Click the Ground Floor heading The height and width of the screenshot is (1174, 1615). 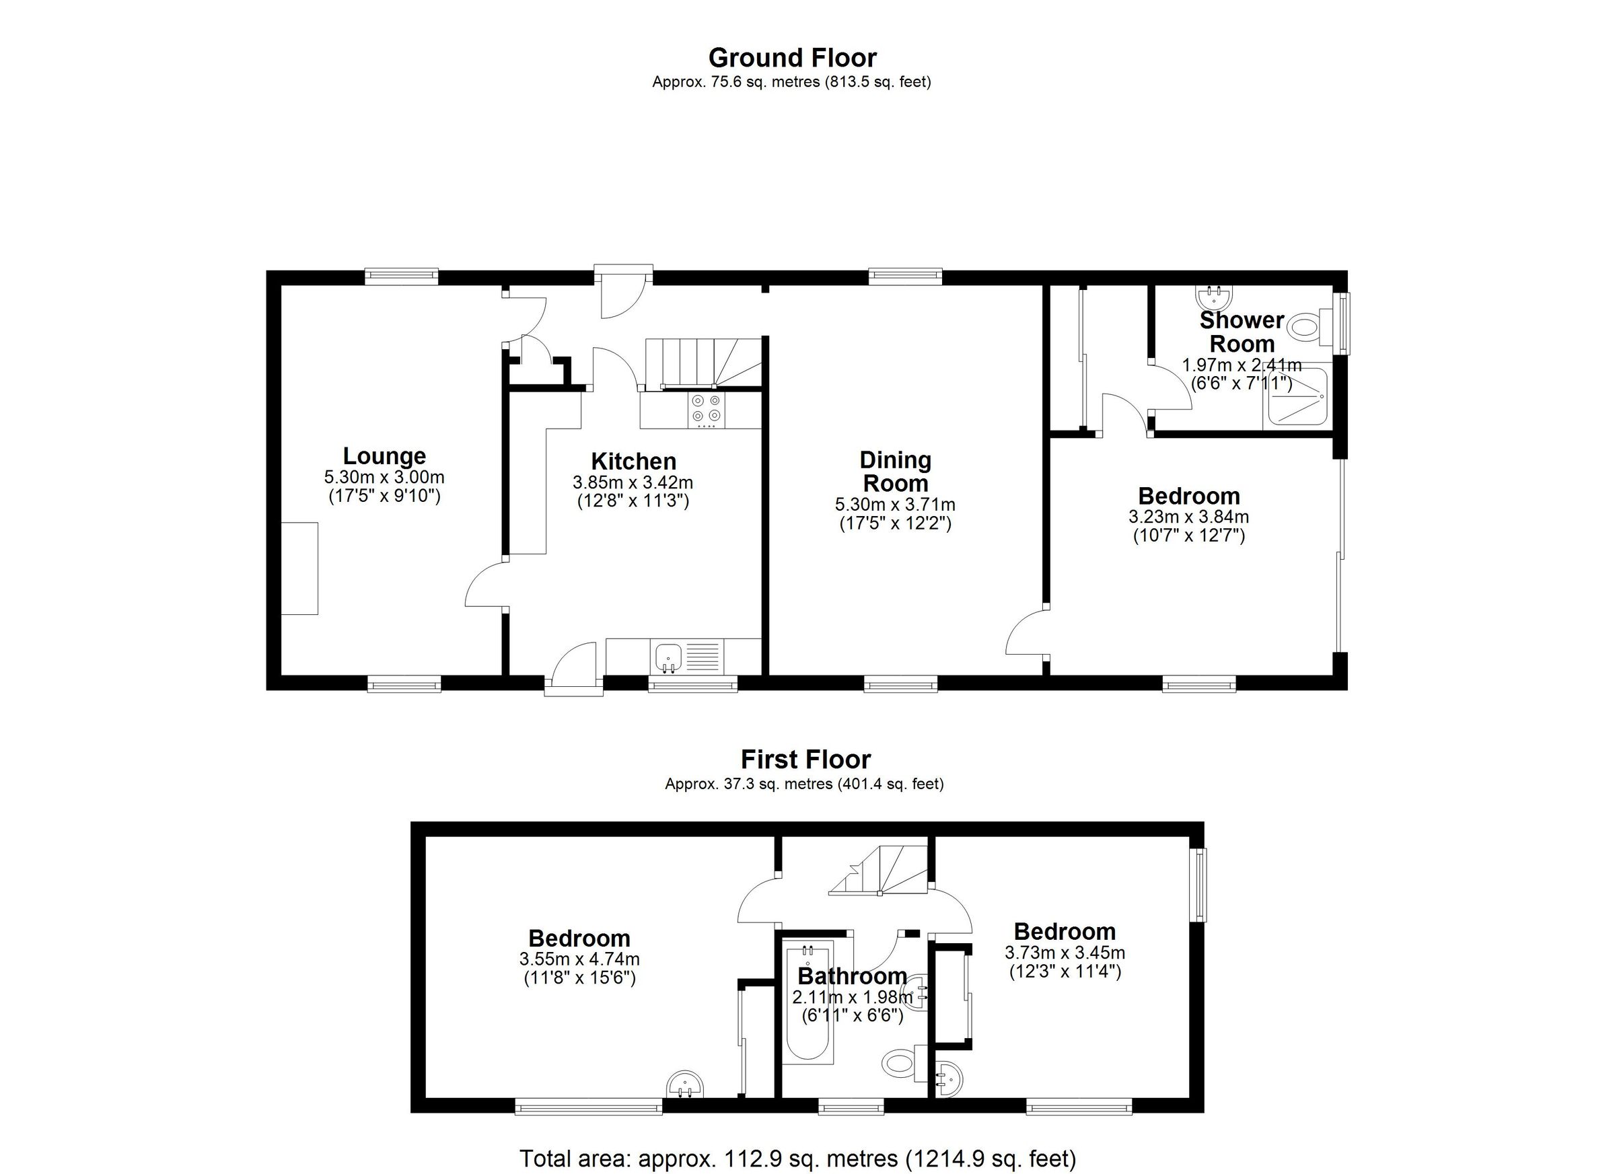pyautogui.click(x=792, y=58)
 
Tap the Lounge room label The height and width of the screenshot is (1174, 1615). pyautogui.click(x=384, y=455)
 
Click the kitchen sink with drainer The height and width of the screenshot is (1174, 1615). pyautogui.click(x=687, y=657)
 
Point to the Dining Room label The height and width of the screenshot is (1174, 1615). pyautogui.click(x=895, y=472)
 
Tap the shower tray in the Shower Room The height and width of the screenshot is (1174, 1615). pyautogui.click(x=1296, y=399)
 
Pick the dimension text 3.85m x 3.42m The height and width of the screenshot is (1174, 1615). pyautogui.click(x=633, y=482)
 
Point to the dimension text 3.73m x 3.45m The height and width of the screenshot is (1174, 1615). pyautogui.click(x=1065, y=953)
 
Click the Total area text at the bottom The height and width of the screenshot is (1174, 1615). pyautogui.click(x=797, y=1159)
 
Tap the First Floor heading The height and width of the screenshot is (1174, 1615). pyautogui.click(x=805, y=760)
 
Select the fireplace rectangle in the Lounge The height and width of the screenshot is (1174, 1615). pyautogui.click(x=299, y=568)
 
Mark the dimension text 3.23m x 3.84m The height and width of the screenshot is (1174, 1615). pyautogui.click(x=1188, y=517)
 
